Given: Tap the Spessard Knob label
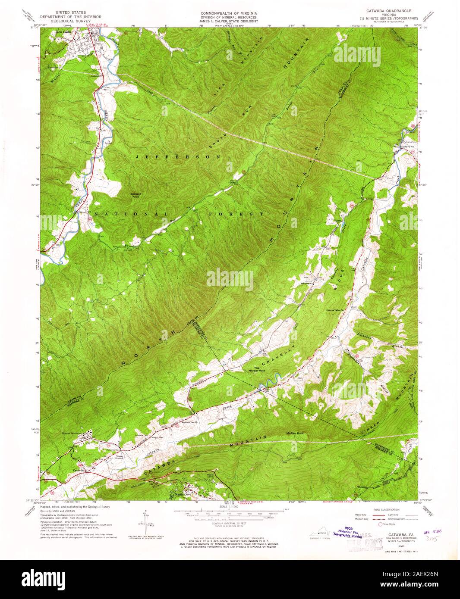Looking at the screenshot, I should point(138,195).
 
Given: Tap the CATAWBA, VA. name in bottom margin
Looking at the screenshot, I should point(396,535).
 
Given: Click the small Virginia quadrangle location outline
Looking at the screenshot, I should point(318,535).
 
